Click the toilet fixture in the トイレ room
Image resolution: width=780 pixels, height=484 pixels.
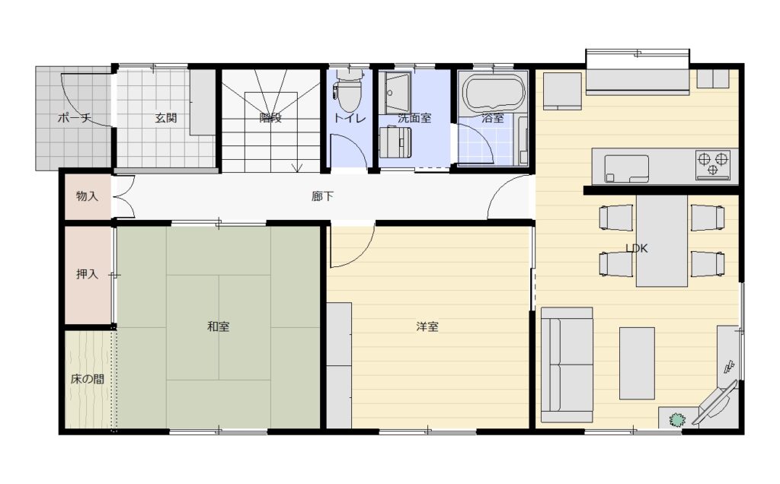coord(349,90)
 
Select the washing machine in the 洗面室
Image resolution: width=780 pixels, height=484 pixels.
coord(395,142)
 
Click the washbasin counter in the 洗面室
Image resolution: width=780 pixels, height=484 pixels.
coord(395,93)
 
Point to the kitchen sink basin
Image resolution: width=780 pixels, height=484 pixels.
coord(626,169)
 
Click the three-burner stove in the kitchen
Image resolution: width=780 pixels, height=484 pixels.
coord(713,164)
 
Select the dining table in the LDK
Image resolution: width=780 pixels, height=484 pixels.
coord(662,240)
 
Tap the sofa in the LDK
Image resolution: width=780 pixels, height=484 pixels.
coord(567,365)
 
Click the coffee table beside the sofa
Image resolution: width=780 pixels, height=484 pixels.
coord(637,363)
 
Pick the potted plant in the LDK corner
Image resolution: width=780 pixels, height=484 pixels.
coord(677,420)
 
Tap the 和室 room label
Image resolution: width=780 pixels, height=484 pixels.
coord(218,326)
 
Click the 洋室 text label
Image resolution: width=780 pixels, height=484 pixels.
coord(427,326)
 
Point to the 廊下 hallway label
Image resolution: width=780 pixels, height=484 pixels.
coord(322,196)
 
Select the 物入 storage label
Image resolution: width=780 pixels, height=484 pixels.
coord(87,196)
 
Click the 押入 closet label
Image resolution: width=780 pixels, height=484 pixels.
coord(87,274)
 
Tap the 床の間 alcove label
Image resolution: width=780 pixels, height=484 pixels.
coord(87,379)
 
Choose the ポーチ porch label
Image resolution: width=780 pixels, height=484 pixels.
coord(75,118)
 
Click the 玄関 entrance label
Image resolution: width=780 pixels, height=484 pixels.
coord(165,118)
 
